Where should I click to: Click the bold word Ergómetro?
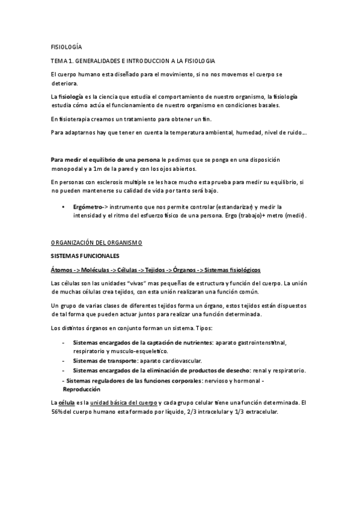pyautogui.click(x=87, y=206)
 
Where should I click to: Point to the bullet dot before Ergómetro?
pyautogui.click(x=64, y=206)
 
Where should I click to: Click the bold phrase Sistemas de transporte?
pyautogui.click(x=100, y=360)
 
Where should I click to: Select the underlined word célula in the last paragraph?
pyautogui.click(x=67, y=402)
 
